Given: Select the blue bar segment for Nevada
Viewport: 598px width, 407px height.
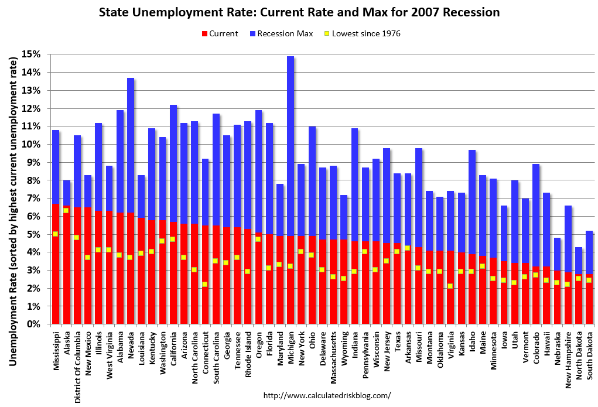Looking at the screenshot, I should pos(131,146).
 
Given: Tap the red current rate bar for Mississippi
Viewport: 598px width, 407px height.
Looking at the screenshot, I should pos(56,275).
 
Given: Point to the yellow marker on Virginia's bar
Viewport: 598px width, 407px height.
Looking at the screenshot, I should pos(450,286).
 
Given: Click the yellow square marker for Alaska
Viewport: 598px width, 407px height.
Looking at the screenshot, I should pos(66,210).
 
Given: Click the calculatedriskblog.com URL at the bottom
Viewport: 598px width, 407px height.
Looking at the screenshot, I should pos(327,395).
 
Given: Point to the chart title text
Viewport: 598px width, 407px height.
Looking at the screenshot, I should pos(299,12).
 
